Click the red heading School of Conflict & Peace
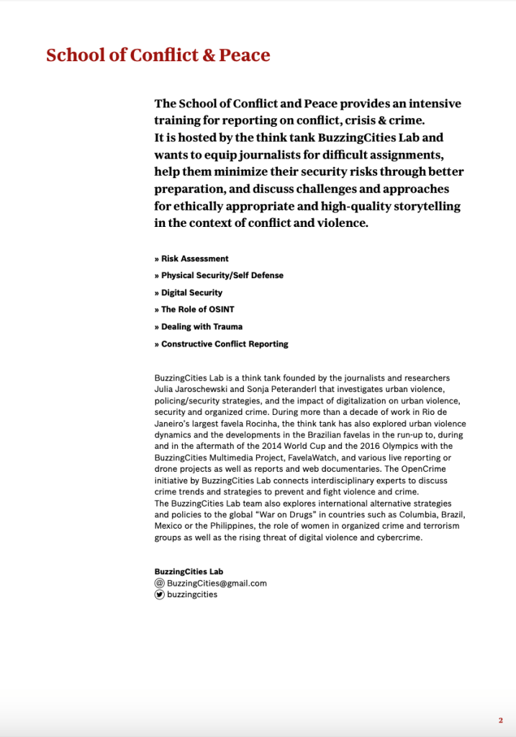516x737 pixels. pyautogui.click(x=158, y=55)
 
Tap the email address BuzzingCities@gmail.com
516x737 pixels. pyautogui.click(x=217, y=584)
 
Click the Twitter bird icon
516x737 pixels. pyautogui.click(x=159, y=595)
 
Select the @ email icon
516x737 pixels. pyautogui.click(x=159, y=584)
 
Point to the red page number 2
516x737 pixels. pyautogui.click(x=500, y=720)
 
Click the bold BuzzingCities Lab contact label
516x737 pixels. pyautogui.click(x=189, y=572)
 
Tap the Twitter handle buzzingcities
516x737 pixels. pyautogui.click(x=192, y=595)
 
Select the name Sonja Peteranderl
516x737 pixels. pyautogui.click(x=281, y=389)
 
